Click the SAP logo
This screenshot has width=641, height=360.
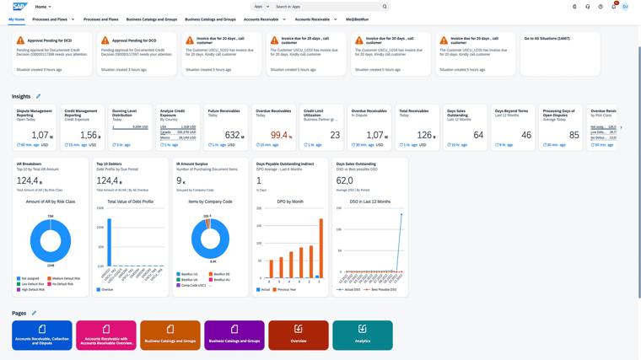pyautogui.click(x=19, y=7)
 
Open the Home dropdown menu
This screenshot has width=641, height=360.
pyautogui.click(x=43, y=7)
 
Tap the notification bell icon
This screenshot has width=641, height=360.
pyautogui.click(x=613, y=7)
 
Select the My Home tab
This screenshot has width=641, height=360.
pyautogui.click(x=17, y=19)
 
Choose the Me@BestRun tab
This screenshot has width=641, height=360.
pyautogui.click(x=357, y=19)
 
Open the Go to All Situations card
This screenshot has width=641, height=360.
pyautogui.click(x=560, y=54)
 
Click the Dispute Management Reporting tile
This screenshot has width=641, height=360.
pyautogui.click(x=35, y=127)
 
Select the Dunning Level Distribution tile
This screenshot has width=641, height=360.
pyautogui.click(x=131, y=127)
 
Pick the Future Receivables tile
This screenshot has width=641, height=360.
pyautogui.click(x=225, y=127)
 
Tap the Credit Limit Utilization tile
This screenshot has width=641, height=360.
pyautogui.click(x=321, y=127)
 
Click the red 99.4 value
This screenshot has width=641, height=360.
pyautogui.click(x=279, y=135)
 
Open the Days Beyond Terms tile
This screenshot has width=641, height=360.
pyautogui.click(x=512, y=127)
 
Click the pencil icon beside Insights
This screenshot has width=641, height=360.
pyautogui.click(x=38, y=97)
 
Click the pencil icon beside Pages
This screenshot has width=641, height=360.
pyautogui.click(x=34, y=314)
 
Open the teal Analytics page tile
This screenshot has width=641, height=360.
pyautogui.click(x=362, y=335)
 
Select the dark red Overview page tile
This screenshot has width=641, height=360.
pyautogui.click(x=298, y=335)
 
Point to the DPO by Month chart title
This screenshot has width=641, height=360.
pyautogui.click(x=289, y=201)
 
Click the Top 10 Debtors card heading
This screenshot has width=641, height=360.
pyautogui.click(x=110, y=164)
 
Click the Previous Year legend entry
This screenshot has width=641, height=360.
pyautogui.click(x=286, y=290)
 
